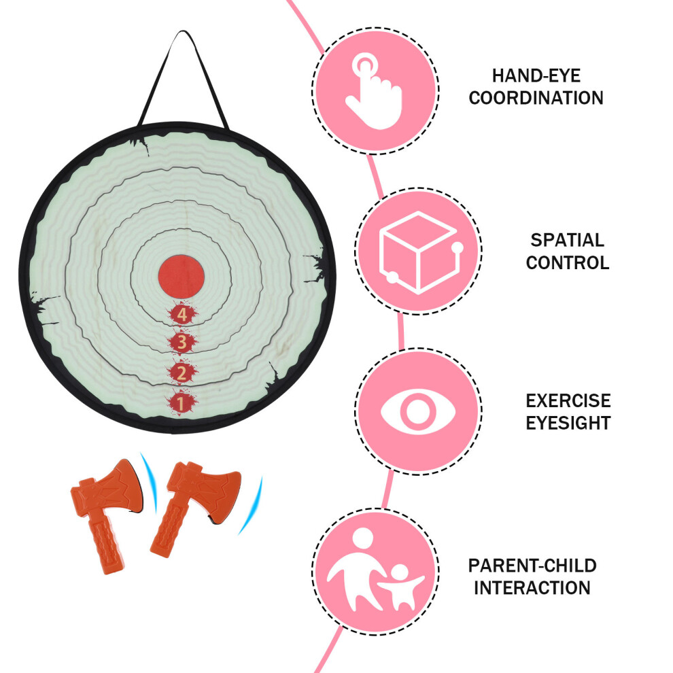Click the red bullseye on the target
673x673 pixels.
[181, 277]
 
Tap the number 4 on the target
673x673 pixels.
[182, 315]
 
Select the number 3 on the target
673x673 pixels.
[182, 343]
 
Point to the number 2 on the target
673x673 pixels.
[182, 373]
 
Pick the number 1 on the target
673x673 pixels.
[181, 403]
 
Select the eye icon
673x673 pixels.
[418, 411]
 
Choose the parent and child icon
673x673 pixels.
[375, 570]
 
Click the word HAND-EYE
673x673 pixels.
[536, 76]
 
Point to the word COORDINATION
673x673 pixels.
[536, 98]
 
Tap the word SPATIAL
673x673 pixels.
[568, 241]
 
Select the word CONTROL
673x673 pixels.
[568, 262]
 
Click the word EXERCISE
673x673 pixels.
[568, 401]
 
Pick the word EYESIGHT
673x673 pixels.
[568, 424]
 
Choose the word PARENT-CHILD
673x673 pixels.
[532, 566]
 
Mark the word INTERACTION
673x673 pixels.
[532, 588]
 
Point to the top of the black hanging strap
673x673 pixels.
[184, 31]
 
